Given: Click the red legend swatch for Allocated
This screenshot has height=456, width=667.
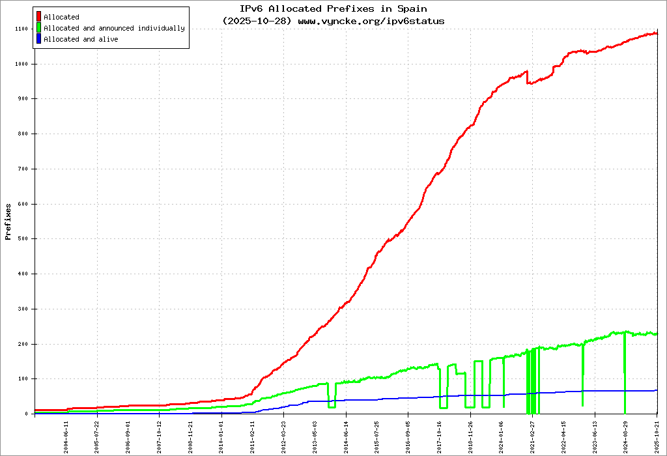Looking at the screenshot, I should click(39, 16).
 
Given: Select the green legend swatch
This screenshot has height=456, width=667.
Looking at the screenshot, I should click(39, 28).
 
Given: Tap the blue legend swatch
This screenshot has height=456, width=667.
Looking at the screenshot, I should click(39, 39).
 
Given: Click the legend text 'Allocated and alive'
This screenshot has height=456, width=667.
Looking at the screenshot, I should click(81, 39).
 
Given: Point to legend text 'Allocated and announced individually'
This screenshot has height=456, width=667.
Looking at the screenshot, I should click(114, 28).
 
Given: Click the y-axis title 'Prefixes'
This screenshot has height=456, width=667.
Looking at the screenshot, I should click(8, 222).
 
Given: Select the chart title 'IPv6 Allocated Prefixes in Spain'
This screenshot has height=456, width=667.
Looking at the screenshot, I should click(333, 9).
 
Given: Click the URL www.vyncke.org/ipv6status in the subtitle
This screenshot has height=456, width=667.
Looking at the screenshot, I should click(371, 21).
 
